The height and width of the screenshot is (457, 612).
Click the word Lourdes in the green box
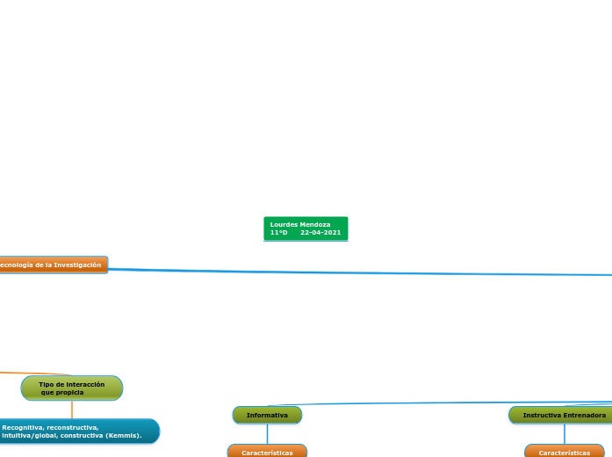click(x=284, y=225)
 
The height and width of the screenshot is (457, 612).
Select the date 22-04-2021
click(x=320, y=233)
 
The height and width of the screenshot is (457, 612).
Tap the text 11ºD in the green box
click(x=279, y=233)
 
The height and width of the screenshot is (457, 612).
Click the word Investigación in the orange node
click(x=77, y=265)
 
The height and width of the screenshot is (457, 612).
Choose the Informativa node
click(x=267, y=415)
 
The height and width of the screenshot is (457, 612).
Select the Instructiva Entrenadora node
click(x=563, y=415)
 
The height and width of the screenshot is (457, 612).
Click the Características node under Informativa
click(x=267, y=453)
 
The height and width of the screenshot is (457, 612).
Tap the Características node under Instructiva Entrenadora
click(x=564, y=453)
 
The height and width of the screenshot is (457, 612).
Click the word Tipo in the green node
click(x=46, y=384)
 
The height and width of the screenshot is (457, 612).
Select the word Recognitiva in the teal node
click(x=22, y=427)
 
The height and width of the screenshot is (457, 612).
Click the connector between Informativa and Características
click(x=267, y=434)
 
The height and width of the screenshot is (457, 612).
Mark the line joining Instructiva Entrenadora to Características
click(x=564, y=434)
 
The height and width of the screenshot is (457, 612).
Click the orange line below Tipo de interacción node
click(x=72, y=410)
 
